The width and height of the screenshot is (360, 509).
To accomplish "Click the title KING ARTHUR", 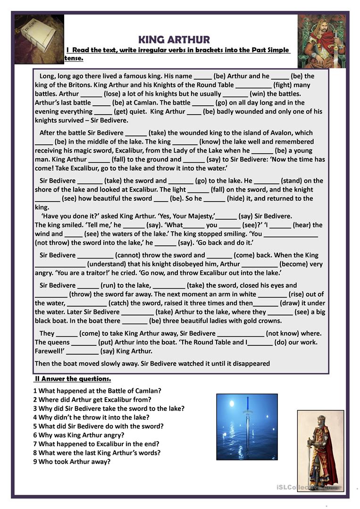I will pyautogui.click(x=174, y=40).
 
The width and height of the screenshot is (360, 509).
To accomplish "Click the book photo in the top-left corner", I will pyautogui.click(x=39, y=39).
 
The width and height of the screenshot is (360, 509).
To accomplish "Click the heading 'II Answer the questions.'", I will pyautogui.click(x=73, y=379).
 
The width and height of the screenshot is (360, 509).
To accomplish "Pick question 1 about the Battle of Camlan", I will pyautogui.click(x=97, y=391).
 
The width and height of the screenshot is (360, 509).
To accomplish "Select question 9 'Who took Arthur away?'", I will pyautogui.click(x=72, y=461).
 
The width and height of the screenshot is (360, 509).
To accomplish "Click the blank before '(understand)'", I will pyautogui.click(x=60, y=265).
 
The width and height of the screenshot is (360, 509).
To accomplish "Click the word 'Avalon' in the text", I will pyautogui.click(x=282, y=133).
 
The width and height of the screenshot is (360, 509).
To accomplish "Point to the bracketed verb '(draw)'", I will pyautogui.click(x=290, y=303).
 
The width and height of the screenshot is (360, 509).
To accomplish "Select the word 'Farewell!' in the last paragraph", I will pyautogui.click(x=49, y=351).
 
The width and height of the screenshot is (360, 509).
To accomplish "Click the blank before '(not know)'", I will pyautogui.click(x=241, y=334).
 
